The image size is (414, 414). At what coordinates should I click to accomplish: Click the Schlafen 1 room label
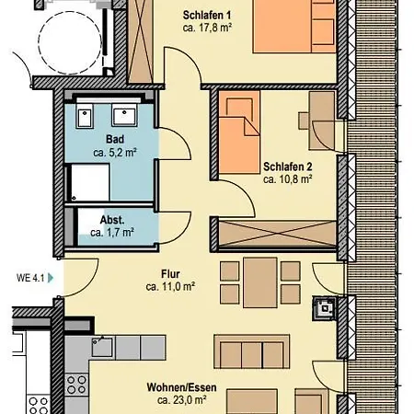(207, 15)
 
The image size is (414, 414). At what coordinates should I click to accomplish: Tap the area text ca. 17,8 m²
(207, 28)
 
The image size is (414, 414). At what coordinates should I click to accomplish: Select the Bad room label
(115, 139)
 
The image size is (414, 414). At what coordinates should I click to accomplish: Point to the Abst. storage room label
(112, 220)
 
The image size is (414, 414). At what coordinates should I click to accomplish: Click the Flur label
(170, 273)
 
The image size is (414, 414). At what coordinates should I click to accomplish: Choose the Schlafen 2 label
(288, 167)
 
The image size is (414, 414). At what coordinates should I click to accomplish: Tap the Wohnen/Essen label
(181, 387)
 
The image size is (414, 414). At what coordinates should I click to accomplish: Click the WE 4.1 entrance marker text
(30, 278)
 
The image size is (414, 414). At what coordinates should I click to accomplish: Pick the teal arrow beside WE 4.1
(51, 278)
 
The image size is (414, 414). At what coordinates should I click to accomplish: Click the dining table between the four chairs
(260, 282)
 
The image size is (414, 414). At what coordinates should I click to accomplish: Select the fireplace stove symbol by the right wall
(324, 308)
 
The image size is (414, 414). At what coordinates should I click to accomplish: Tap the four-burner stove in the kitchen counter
(76, 385)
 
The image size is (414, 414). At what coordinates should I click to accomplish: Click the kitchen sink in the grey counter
(102, 346)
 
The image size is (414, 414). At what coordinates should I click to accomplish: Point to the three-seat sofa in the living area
(251, 351)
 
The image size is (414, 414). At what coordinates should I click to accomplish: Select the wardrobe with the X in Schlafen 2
(278, 234)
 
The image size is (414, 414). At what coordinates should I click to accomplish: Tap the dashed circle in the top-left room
(70, 42)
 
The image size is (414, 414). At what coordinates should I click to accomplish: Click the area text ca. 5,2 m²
(115, 152)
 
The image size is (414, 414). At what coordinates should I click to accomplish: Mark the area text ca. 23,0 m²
(181, 400)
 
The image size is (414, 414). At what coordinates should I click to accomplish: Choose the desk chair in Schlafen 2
(304, 121)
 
